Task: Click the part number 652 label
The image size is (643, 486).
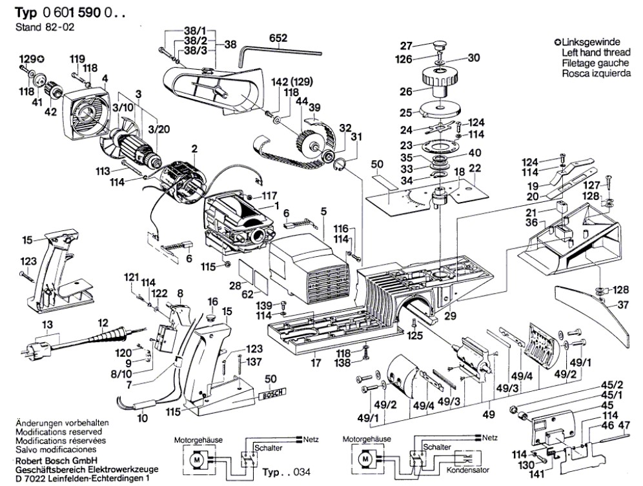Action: coord(278,39)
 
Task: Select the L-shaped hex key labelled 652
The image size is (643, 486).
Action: coord(278,50)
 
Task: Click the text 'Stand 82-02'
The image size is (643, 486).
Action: coord(36,28)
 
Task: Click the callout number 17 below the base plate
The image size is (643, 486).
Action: coord(315,363)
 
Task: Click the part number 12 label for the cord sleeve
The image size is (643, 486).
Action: coord(103,323)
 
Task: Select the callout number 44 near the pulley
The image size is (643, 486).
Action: coord(301,103)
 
